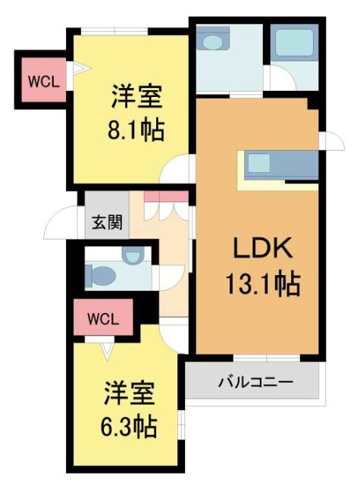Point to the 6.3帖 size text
point(130,427)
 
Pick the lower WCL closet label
point(103,319)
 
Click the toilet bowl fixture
point(102,276)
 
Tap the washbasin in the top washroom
point(213,40)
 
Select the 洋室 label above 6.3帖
point(130,395)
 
